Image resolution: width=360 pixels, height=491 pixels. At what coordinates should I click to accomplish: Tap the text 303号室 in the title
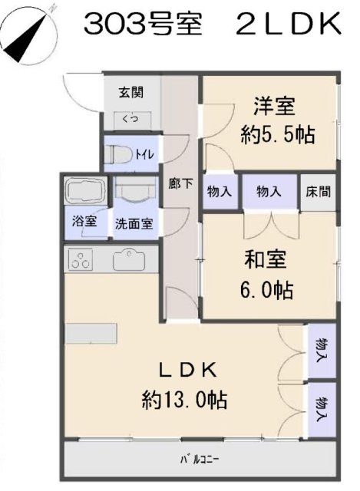(143, 26)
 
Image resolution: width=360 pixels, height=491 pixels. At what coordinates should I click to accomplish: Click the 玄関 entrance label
(130, 93)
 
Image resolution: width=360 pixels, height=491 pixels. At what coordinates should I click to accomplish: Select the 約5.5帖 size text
(276, 135)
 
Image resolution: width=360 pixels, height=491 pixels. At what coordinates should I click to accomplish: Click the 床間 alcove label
(319, 191)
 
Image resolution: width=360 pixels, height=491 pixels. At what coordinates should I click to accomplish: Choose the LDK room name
(188, 370)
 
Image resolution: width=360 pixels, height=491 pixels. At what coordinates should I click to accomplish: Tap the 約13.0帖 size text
(187, 400)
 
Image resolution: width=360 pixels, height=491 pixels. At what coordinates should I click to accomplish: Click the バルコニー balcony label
(200, 460)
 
